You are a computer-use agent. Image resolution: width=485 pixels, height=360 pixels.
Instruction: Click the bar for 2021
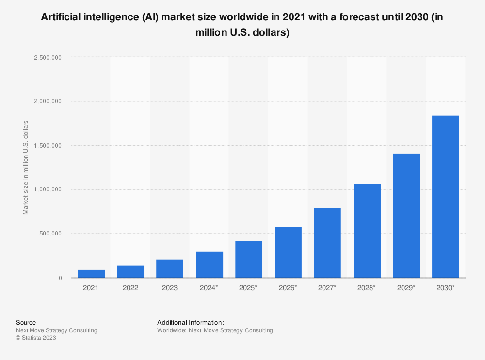point(91,274)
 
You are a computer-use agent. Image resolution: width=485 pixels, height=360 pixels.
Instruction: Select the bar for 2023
point(170,268)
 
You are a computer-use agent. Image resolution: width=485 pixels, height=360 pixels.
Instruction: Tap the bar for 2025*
point(249,259)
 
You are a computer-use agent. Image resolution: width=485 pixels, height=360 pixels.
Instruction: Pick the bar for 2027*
point(327,243)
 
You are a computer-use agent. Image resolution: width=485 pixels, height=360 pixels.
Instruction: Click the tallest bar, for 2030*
point(445,196)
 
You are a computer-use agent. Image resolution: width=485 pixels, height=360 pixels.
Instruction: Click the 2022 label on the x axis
point(130,288)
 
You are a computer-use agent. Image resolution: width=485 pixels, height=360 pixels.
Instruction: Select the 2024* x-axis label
point(209,288)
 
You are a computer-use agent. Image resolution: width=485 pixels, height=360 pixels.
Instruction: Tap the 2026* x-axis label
point(288,288)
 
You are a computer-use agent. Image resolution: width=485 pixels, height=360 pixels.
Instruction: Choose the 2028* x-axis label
point(367,288)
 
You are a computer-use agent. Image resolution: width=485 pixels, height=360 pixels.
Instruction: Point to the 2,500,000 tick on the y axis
point(48,57)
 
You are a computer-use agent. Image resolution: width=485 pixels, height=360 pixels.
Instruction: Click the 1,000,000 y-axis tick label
point(48,189)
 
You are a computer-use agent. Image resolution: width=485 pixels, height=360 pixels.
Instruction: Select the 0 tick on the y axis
point(60,278)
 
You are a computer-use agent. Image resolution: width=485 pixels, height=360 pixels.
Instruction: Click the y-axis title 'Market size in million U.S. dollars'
point(26,168)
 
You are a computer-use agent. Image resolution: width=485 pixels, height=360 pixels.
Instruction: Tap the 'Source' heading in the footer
point(26,322)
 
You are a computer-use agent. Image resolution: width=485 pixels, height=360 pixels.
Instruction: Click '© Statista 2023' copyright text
point(36,338)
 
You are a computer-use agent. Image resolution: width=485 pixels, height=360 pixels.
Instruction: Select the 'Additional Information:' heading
point(190,322)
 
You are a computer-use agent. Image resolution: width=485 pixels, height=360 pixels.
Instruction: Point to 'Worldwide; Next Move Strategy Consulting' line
point(215,330)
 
